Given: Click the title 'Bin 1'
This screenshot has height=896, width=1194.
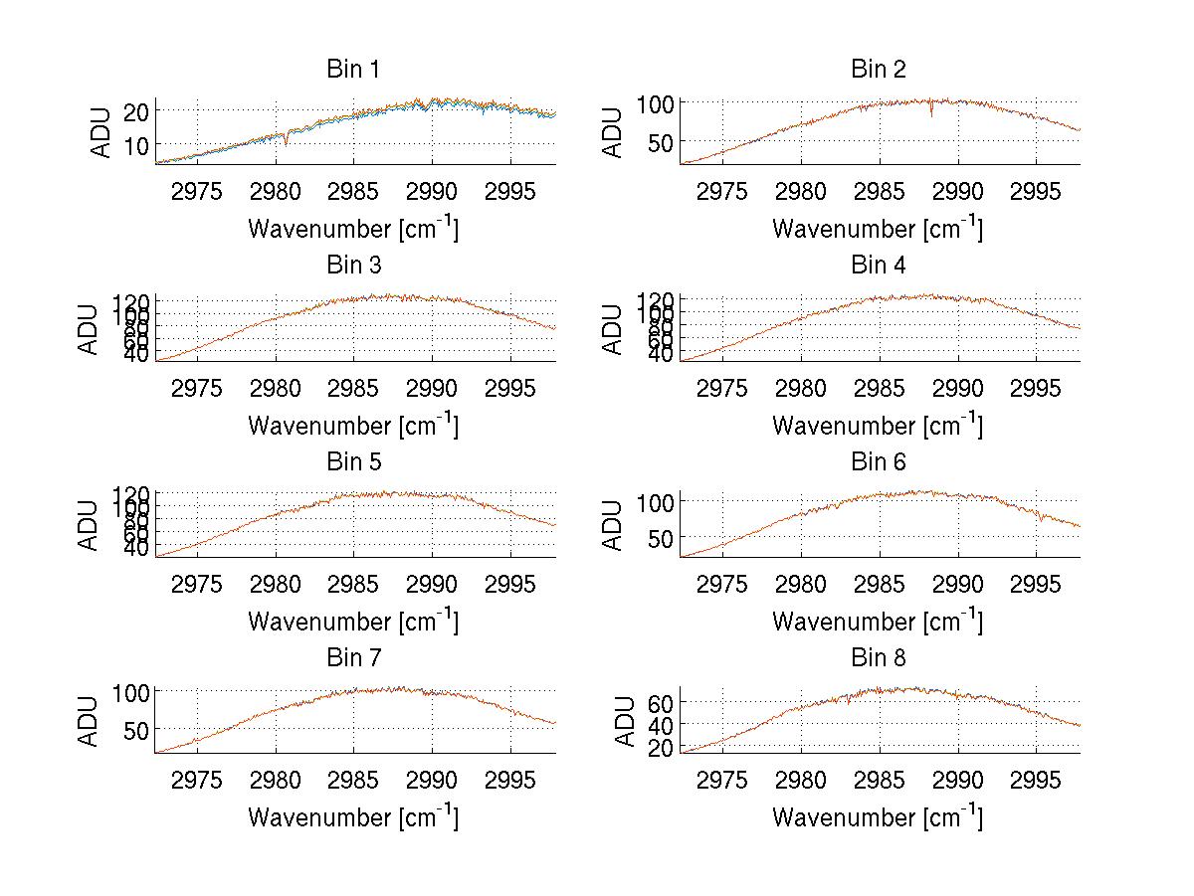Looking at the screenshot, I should (353, 70).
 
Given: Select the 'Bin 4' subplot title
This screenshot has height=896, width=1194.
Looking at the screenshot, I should (878, 266).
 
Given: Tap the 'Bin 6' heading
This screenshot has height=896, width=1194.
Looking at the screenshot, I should (878, 462).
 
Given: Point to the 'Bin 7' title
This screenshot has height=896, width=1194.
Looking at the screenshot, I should (353, 658).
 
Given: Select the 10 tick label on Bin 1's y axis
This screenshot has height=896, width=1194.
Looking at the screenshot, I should (137, 145).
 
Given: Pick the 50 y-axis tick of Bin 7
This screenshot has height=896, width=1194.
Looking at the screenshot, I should (137, 729).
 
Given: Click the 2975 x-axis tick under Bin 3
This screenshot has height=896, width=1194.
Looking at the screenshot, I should (197, 387).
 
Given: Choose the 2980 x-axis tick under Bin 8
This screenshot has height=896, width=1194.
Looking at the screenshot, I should (800, 779).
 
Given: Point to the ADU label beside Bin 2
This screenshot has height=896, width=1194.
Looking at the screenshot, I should (614, 132).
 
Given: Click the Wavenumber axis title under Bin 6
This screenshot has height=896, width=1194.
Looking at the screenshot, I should (878, 622).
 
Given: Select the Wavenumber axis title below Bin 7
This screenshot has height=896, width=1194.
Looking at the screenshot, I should (353, 817).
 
